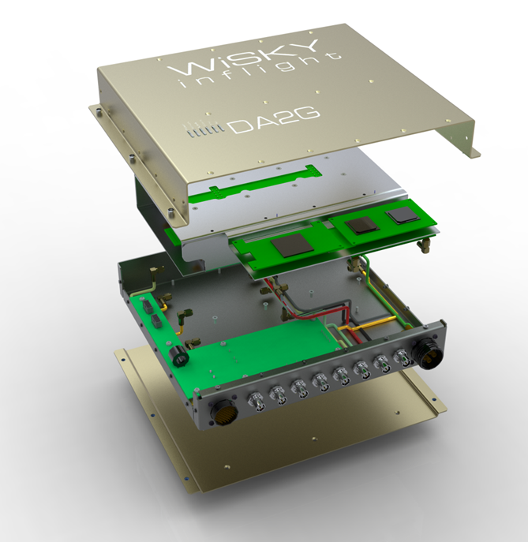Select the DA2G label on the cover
click(x=273, y=121)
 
